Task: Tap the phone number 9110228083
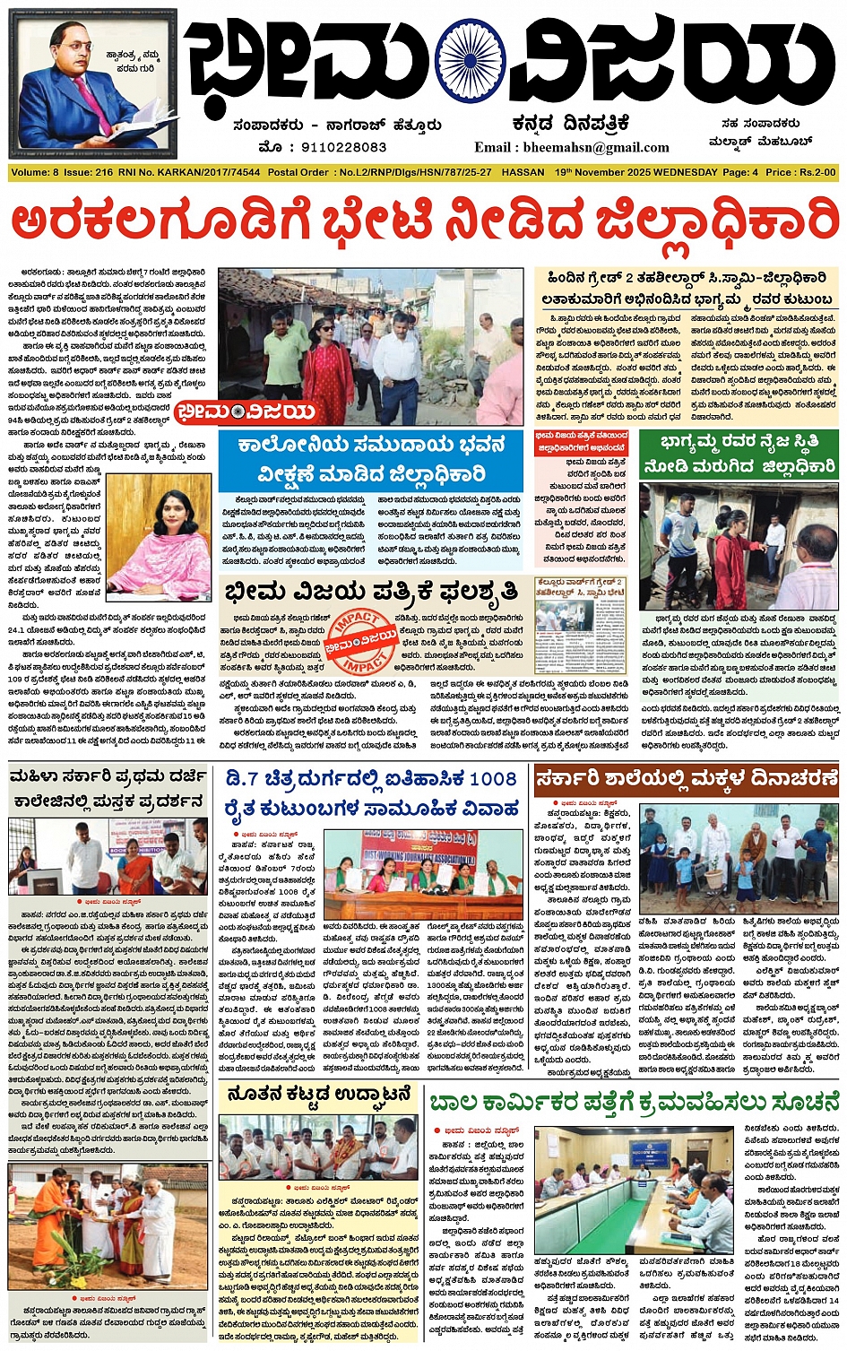point(336,147)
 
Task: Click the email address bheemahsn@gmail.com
point(572,148)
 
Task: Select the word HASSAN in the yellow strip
point(523,172)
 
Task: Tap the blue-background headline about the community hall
point(370,458)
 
